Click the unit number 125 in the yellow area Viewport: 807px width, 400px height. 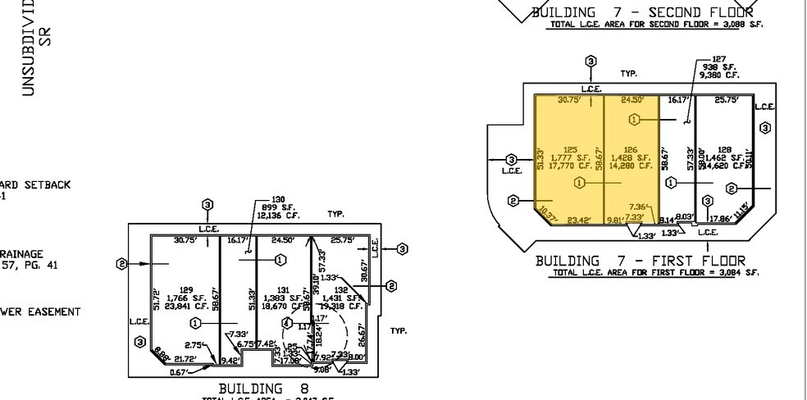(x=570, y=150)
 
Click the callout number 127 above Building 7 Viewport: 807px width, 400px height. (x=718, y=59)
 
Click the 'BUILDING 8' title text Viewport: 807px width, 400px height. (x=252, y=388)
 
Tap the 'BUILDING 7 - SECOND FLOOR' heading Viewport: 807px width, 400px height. (x=642, y=12)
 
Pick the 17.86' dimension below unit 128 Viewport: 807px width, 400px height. (x=719, y=219)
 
